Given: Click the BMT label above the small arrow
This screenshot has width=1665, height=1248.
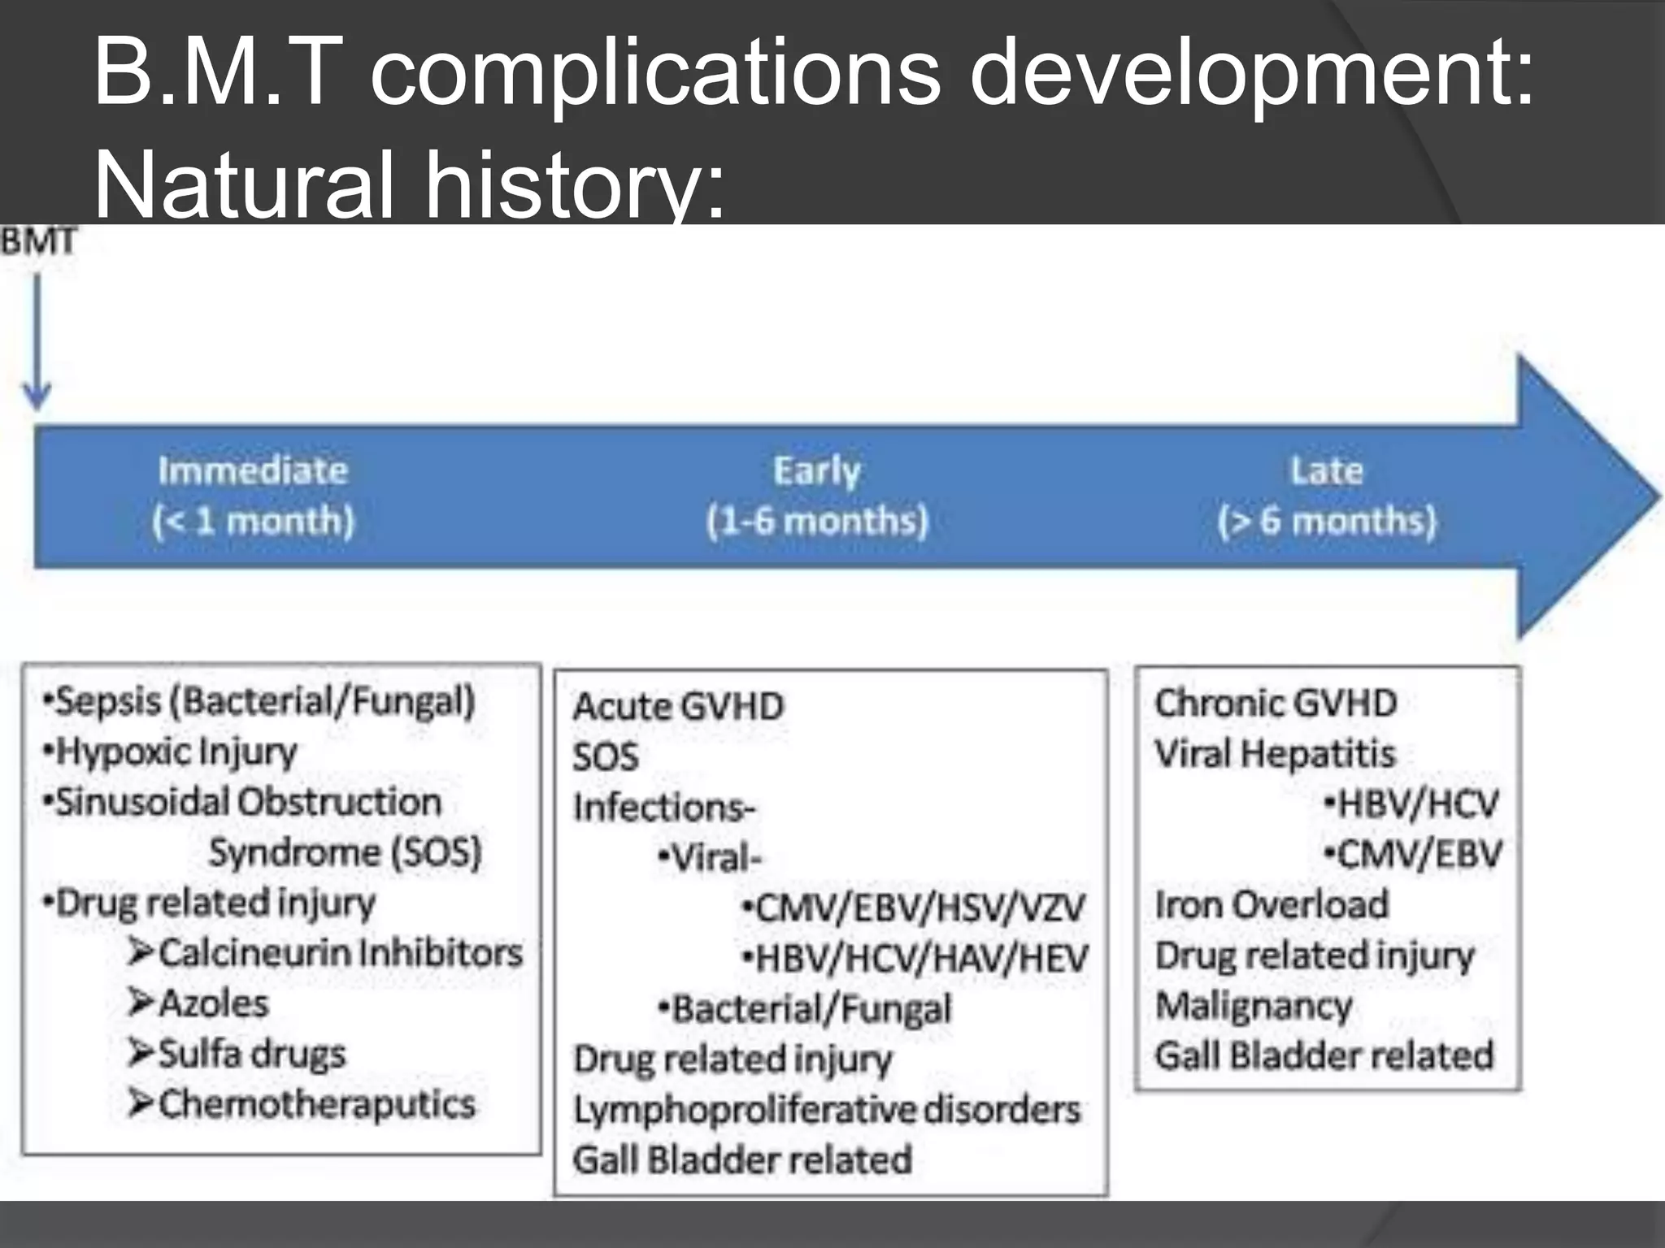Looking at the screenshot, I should pos(38,241).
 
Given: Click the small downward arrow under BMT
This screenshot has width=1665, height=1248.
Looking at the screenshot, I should pos(37,341).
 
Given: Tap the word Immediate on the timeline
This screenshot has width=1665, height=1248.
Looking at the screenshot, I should pos(253,470).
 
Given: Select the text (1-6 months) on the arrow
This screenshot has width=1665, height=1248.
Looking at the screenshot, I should pos(817,521).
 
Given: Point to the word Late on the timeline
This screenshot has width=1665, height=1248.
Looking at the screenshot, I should pos(1326,470).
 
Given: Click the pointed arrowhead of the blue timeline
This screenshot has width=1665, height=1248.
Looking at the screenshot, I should pos(1593,496).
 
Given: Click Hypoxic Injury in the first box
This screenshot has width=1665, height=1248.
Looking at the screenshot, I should pos(175,752).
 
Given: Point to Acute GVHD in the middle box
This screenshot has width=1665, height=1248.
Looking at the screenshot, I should pos(678,706).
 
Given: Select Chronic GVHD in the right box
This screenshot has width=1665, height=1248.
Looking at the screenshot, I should pos(1275,703).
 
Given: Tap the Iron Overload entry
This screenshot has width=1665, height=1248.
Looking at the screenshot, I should pos(1272,904).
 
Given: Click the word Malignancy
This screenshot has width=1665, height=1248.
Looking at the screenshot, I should pos(1254,1006).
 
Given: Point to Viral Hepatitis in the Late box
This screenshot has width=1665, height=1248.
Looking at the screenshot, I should pos(1274,753).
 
